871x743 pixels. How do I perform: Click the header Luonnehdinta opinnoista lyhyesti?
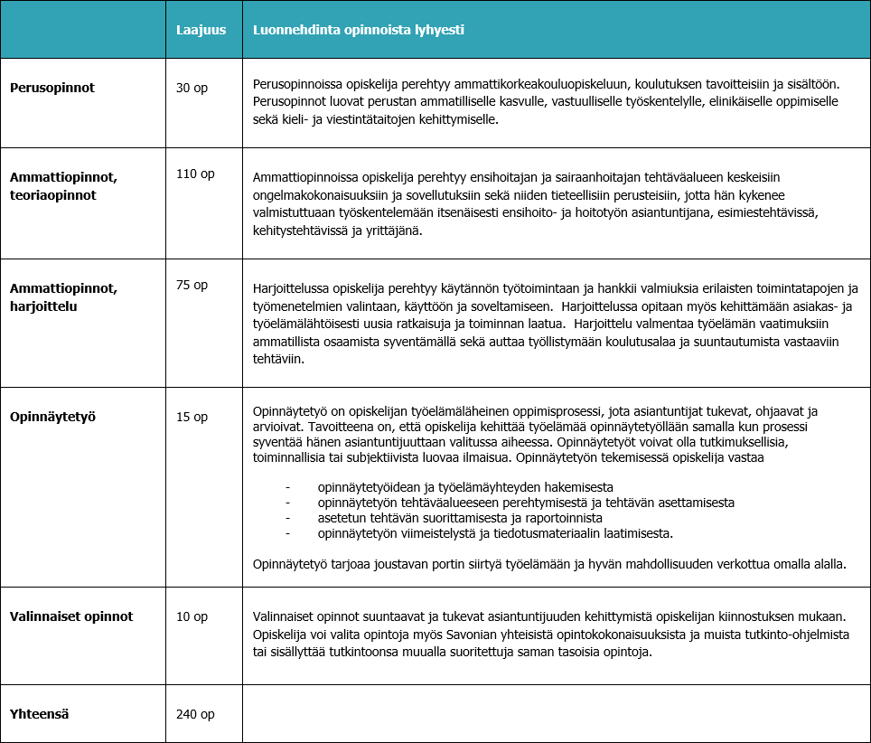(x=359, y=30)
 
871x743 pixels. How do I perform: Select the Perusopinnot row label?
(x=52, y=88)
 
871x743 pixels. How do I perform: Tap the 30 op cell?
(x=192, y=89)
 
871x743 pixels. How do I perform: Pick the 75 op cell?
(x=192, y=285)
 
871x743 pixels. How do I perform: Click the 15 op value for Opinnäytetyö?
(x=192, y=417)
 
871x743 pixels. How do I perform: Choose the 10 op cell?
(x=192, y=616)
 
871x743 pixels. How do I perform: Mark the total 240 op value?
(x=195, y=714)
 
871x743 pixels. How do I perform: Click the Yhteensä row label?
(x=40, y=714)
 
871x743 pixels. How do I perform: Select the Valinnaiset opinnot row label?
(x=71, y=616)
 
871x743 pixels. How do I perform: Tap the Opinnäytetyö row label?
(x=52, y=417)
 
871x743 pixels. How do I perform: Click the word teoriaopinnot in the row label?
(x=52, y=195)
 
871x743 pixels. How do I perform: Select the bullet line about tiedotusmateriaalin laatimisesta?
(x=495, y=533)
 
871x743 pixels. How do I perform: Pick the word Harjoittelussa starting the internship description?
(x=291, y=288)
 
